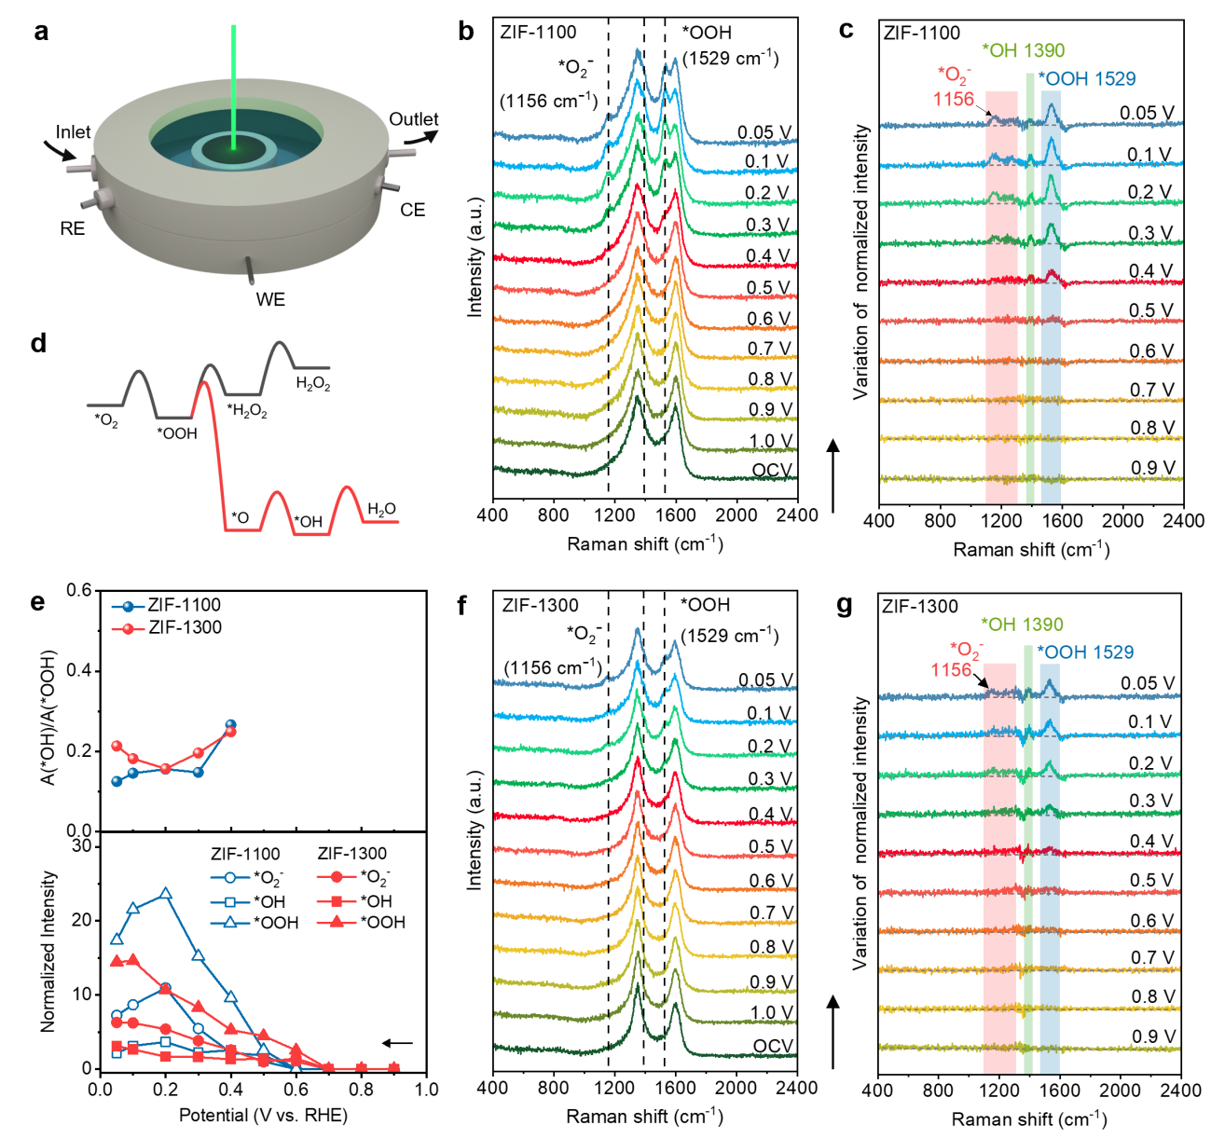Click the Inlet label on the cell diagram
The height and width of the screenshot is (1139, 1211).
73,132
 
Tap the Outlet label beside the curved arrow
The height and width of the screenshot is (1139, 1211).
413,119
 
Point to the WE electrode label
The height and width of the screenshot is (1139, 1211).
270,299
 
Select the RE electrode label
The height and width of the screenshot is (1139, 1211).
72,228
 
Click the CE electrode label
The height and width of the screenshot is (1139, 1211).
412,210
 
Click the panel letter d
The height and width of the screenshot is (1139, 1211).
38,344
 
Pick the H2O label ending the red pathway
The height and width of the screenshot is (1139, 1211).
381,509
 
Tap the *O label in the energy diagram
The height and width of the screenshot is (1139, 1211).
240,517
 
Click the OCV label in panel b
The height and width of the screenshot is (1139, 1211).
772,470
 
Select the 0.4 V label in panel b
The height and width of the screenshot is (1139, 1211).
768,256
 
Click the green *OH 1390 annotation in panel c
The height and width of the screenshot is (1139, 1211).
1023,50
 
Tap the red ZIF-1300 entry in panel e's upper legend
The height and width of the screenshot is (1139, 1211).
185,628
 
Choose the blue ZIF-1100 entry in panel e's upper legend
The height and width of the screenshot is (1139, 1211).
185,606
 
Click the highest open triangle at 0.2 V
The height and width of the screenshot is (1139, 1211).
166,894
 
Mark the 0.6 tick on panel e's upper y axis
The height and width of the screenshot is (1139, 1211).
80,590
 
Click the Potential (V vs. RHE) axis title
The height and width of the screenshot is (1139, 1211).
263,1116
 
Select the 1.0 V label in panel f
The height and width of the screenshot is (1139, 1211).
771,1013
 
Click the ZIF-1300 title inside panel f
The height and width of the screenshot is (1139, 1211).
540,606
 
